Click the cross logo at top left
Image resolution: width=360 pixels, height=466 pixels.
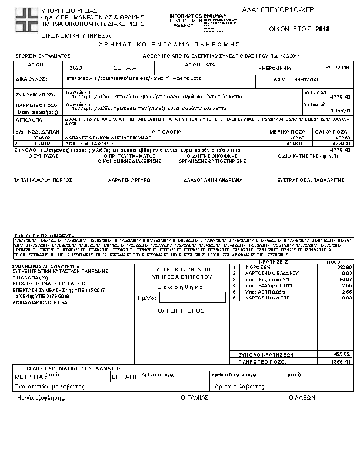click(26, 19)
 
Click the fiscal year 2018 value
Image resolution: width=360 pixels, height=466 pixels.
click(323, 29)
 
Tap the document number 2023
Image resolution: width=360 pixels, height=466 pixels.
click(76, 68)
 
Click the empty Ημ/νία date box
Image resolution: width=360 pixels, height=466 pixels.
click(184, 298)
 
